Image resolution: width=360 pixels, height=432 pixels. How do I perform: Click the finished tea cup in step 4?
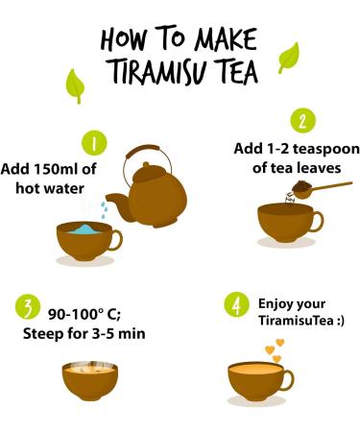point(261,381)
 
